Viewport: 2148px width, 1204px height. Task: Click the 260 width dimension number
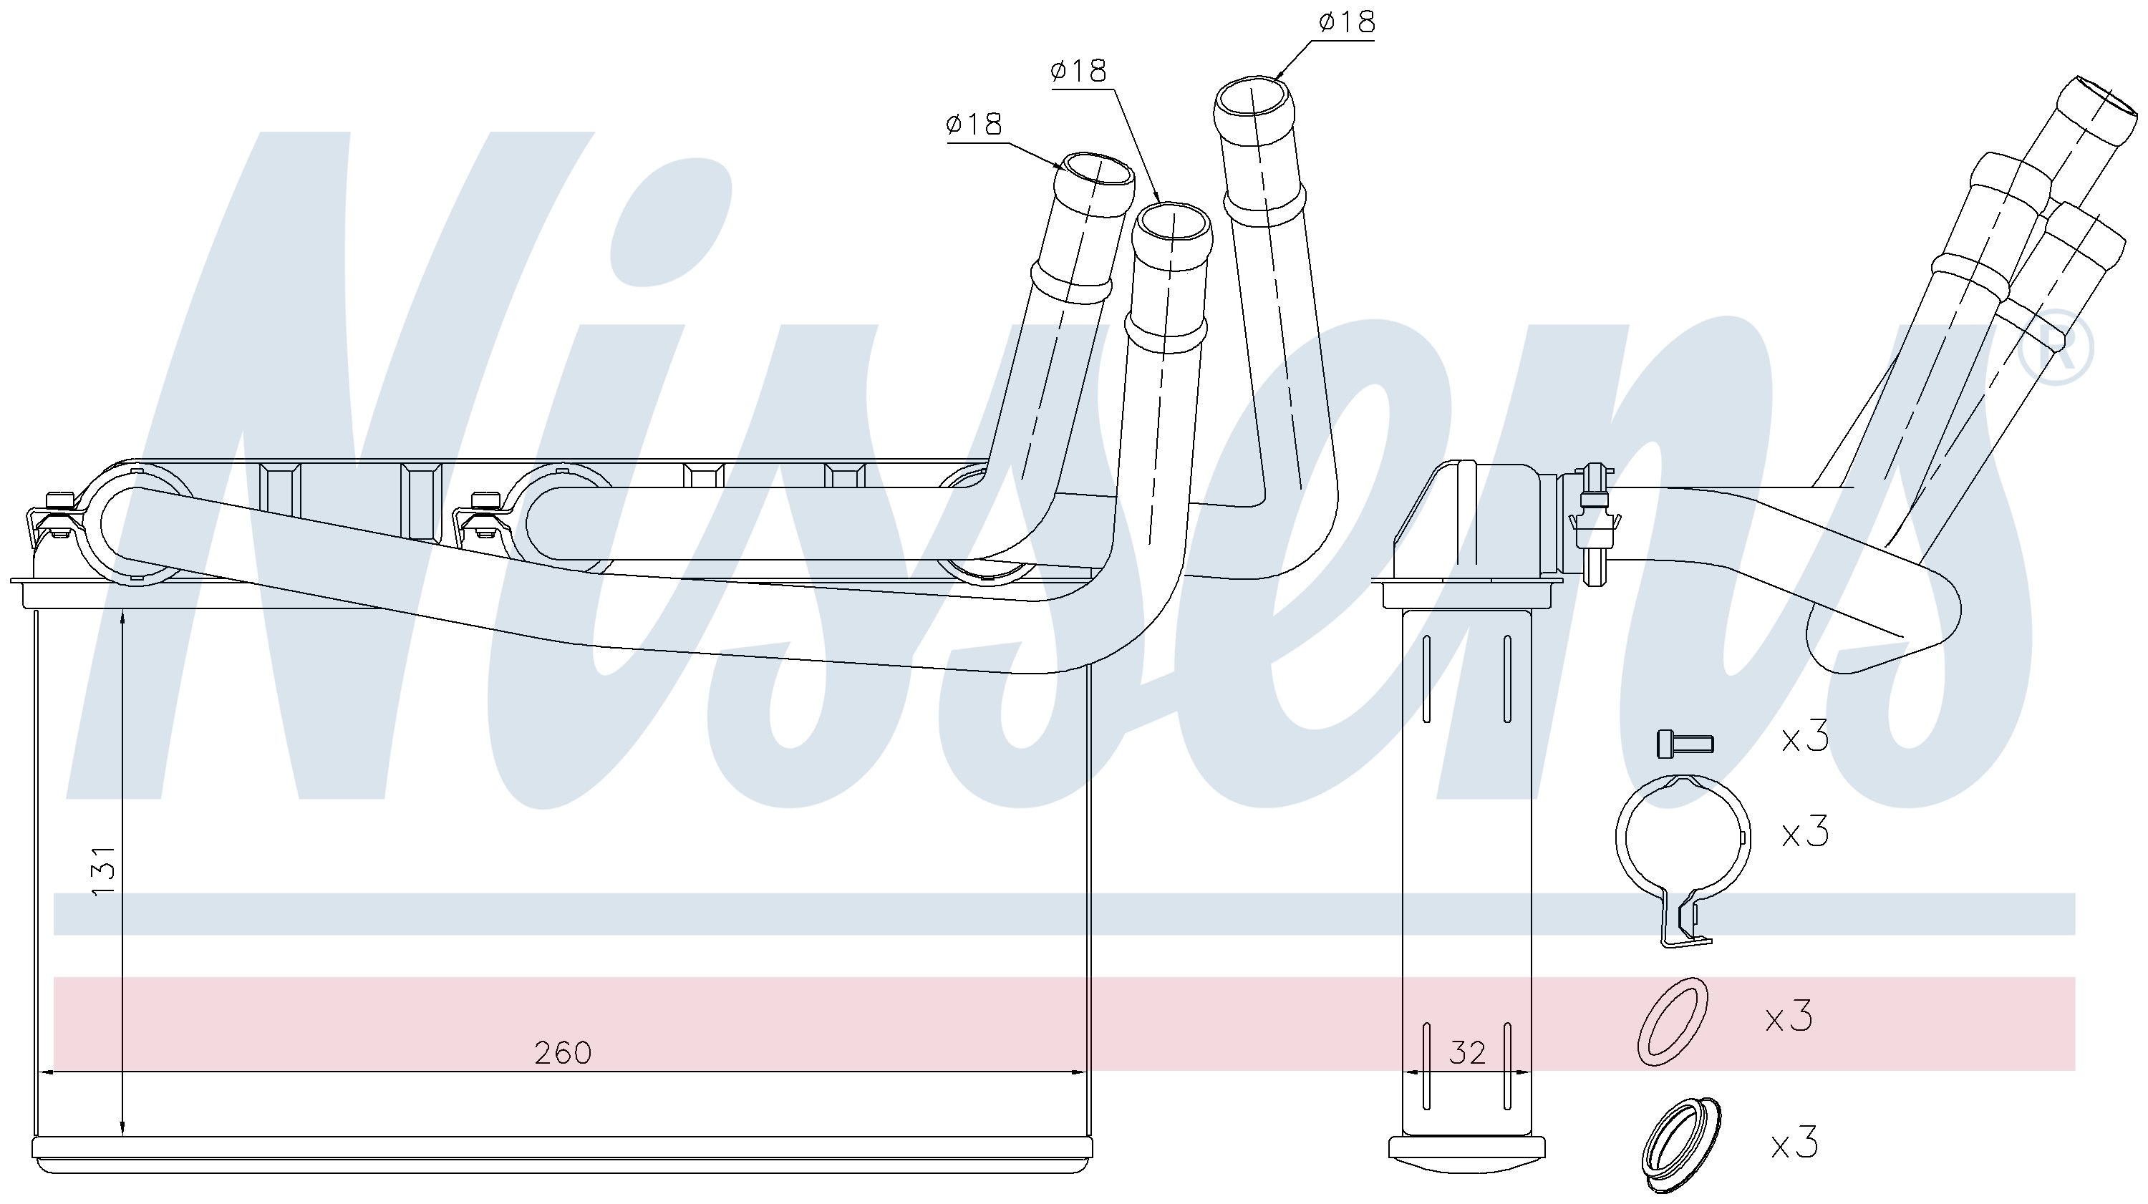(563, 1053)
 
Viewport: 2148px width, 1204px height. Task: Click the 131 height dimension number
(102, 871)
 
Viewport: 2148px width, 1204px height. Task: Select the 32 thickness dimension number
(1468, 1053)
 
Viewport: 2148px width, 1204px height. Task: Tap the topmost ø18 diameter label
(1347, 21)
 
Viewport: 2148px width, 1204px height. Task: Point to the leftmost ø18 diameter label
(974, 125)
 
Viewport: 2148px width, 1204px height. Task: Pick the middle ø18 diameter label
(1079, 71)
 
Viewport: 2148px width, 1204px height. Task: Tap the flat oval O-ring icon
(1672, 1022)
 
